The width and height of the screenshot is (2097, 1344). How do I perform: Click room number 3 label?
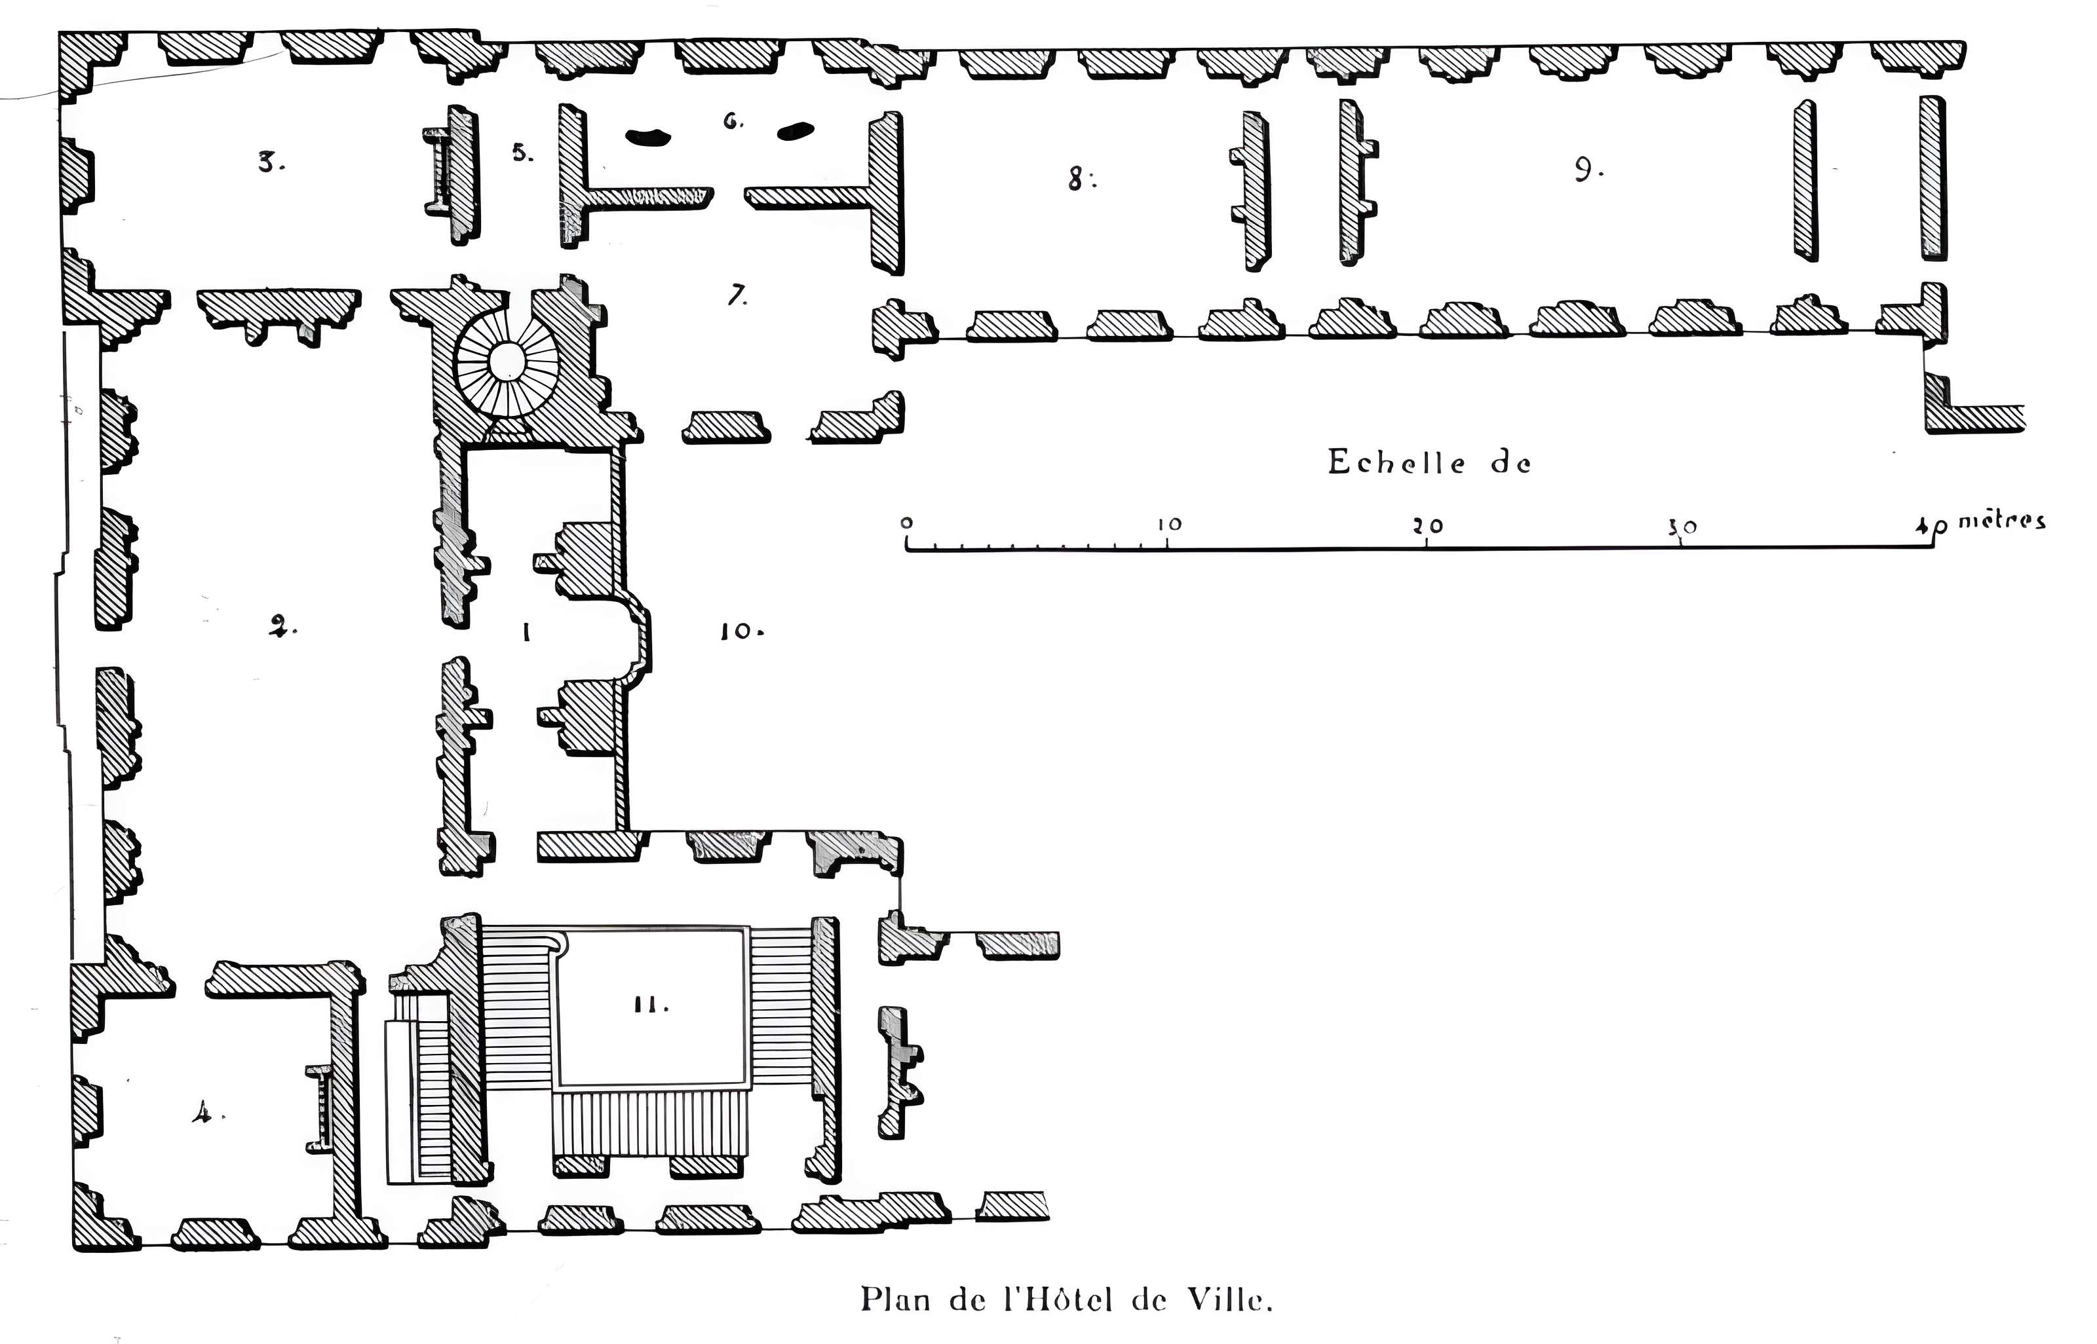click(x=270, y=162)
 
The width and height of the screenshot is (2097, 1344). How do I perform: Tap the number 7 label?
click(x=737, y=296)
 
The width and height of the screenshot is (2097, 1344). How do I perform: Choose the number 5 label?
click(x=521, y=154)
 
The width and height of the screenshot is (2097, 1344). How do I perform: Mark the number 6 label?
click(x=731, y=121)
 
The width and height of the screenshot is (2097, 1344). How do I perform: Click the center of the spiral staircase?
click(x=507, y=362)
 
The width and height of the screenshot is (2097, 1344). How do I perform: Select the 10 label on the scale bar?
click(x=1169, y=525)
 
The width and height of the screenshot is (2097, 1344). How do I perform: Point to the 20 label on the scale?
click(x=1429, y=526)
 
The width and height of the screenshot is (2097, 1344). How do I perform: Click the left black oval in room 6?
click(x=649, y=136)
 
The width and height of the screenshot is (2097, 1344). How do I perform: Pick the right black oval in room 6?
click(x=796, y=131)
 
